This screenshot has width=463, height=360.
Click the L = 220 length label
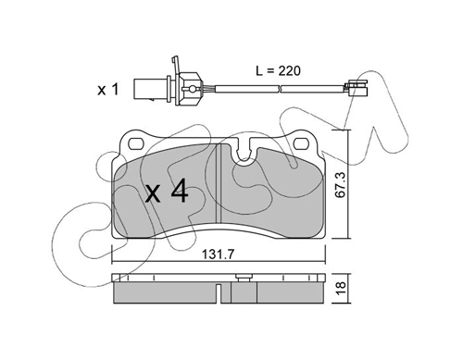(x=278, y=71)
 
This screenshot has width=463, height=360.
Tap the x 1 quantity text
(x=108, y=90)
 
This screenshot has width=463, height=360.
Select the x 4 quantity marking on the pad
(x=167, y=192)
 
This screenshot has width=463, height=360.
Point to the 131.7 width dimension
(x=219, y=254)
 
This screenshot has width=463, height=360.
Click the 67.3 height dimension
(x=342, y=185)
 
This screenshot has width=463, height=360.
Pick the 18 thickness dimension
(x=342, y=289)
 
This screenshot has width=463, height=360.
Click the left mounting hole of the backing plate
(x=135, y=143)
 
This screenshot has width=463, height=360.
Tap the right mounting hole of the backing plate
(x=301, y=143)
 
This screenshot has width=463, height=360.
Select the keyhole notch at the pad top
(x=245, y=151)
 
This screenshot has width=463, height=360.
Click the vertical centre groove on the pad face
(x=219, y=182)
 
